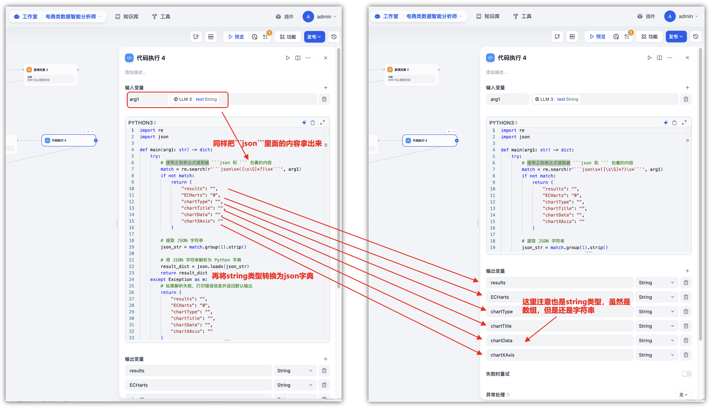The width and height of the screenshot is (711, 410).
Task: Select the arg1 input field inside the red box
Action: point(147,99)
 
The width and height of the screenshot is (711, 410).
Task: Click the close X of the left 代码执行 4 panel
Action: point(325,58)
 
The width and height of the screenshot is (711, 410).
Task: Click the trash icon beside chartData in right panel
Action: point(686,340)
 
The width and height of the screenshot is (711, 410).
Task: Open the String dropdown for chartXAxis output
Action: point(656,355)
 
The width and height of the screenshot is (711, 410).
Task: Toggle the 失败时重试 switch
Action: point(686,374)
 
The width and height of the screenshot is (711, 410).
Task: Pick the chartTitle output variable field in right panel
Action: point(559,326)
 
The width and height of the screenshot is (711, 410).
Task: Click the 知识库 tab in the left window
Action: point(127,17)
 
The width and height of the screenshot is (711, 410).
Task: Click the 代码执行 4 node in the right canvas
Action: point(429,140)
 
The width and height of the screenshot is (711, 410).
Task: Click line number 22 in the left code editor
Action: point(131,266)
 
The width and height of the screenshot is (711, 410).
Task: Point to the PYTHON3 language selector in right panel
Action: point(503,123)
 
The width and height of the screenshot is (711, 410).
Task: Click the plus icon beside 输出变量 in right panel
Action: point(687,271)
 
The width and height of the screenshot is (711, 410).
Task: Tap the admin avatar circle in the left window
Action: point(308,17)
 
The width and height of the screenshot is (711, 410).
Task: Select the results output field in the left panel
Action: point(198,371)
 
